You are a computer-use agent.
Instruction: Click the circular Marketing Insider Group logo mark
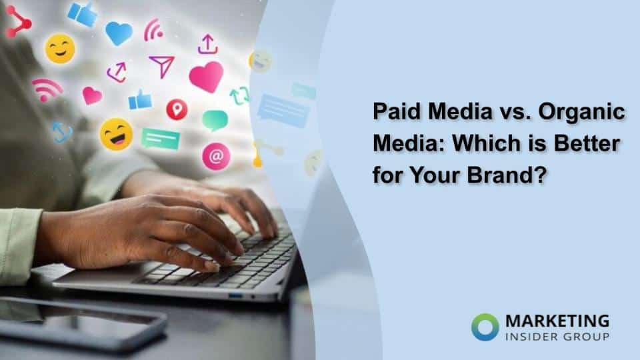click(x=485, y=326)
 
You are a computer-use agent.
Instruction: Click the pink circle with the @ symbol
click(x=216, y=156)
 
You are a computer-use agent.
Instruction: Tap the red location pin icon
click(x=177, y=109)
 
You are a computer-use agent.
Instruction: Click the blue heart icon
click(x=119, y=33)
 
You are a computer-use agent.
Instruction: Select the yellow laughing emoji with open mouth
click(x=116, y=134)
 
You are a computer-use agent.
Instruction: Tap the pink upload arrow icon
click(x=208, y=44)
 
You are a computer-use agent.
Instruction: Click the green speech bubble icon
click(x=215, y=121)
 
